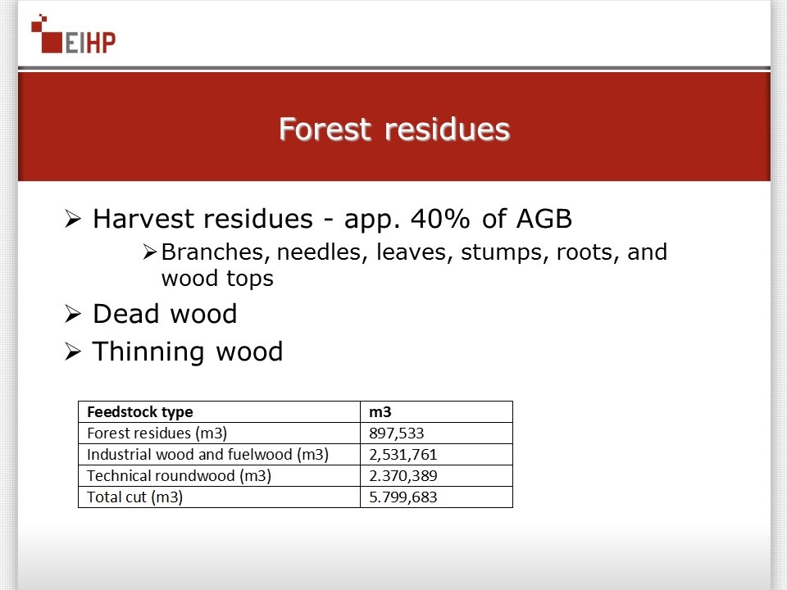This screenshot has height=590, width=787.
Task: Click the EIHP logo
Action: tap(73, 34)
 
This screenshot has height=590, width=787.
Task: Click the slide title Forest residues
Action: tap(394, 129)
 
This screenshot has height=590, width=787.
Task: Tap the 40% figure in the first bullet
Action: tap(441, 219)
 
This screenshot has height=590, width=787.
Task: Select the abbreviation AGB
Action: tap(544, 219)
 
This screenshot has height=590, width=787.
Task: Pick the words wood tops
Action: tap(217, 279)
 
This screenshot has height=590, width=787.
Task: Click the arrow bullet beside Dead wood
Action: tap(73, 314)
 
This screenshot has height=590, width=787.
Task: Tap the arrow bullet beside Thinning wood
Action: tap(73, 352)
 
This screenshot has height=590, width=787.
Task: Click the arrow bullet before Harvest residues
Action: tap(73, 220)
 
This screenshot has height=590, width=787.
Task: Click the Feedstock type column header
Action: tap(140, 412)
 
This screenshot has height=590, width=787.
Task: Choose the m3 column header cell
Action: tap(380, 412)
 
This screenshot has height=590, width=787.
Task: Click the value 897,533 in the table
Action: tap(397, 433)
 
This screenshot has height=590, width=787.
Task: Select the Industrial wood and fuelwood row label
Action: tap(207, 455)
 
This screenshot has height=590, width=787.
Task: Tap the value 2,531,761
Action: tap(403, 455)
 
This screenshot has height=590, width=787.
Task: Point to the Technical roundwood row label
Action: tap(179, 475)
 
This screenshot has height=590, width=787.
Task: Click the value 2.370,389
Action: tap(403, 475)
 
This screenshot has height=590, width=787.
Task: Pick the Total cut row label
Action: tap(134, 497)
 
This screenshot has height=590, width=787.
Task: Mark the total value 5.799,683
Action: tap(403, 497)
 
